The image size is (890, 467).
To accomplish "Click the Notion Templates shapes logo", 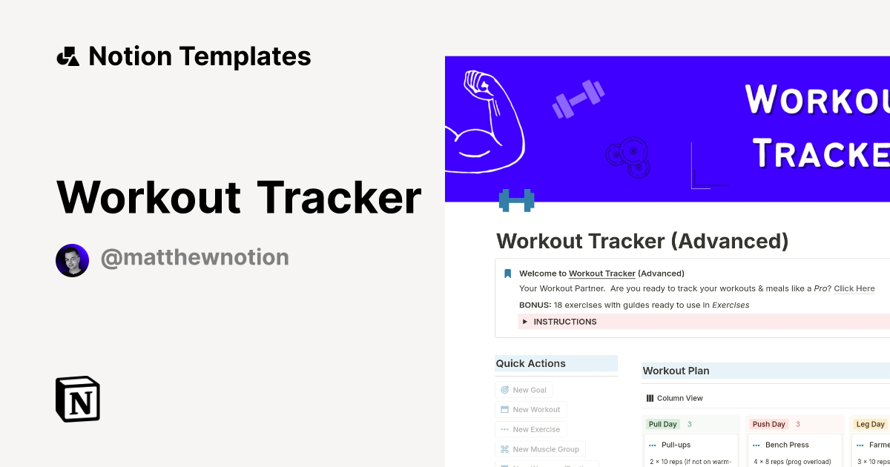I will coord(67,56).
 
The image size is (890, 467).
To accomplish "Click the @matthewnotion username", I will coord(194,258).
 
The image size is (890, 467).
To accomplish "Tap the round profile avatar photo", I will coord(72,260).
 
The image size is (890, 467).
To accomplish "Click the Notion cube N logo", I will coord(78,399).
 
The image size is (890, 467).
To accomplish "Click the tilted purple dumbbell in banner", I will coord(578,99).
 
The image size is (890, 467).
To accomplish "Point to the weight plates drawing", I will coord(627,156).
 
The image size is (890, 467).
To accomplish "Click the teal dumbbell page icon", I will coord(516,200).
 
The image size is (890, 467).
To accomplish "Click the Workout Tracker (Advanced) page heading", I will coord(642,241).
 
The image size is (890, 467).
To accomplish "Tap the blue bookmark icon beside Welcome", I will coord(508,274).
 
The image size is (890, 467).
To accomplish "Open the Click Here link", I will coord(854,288).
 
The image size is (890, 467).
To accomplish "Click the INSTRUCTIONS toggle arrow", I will coord(525,322).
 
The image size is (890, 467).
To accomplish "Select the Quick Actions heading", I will coord(531,363).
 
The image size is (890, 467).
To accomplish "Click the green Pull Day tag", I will coord(662,424).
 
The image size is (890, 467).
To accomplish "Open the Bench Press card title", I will coord(787,445).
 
